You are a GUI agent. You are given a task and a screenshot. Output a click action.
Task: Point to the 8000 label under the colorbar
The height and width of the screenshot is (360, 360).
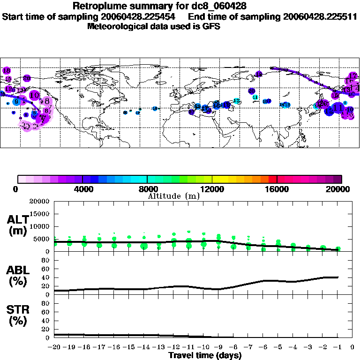(147, 189)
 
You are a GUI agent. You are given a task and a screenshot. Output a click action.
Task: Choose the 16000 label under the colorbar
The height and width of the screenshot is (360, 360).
(277, 189)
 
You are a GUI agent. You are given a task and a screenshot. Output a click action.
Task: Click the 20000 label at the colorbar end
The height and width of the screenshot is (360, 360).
(338, 189)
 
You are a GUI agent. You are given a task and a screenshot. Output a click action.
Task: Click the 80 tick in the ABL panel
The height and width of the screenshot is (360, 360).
(46, 269)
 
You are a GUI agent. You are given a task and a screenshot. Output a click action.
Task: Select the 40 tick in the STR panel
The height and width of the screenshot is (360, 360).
(46, 321)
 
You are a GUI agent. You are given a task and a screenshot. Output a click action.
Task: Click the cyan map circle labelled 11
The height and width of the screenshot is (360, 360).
(255, 97)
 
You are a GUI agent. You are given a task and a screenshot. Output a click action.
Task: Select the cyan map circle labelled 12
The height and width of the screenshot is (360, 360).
(236, 101)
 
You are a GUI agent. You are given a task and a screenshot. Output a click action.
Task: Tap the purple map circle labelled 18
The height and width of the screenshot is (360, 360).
(7, 70)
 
